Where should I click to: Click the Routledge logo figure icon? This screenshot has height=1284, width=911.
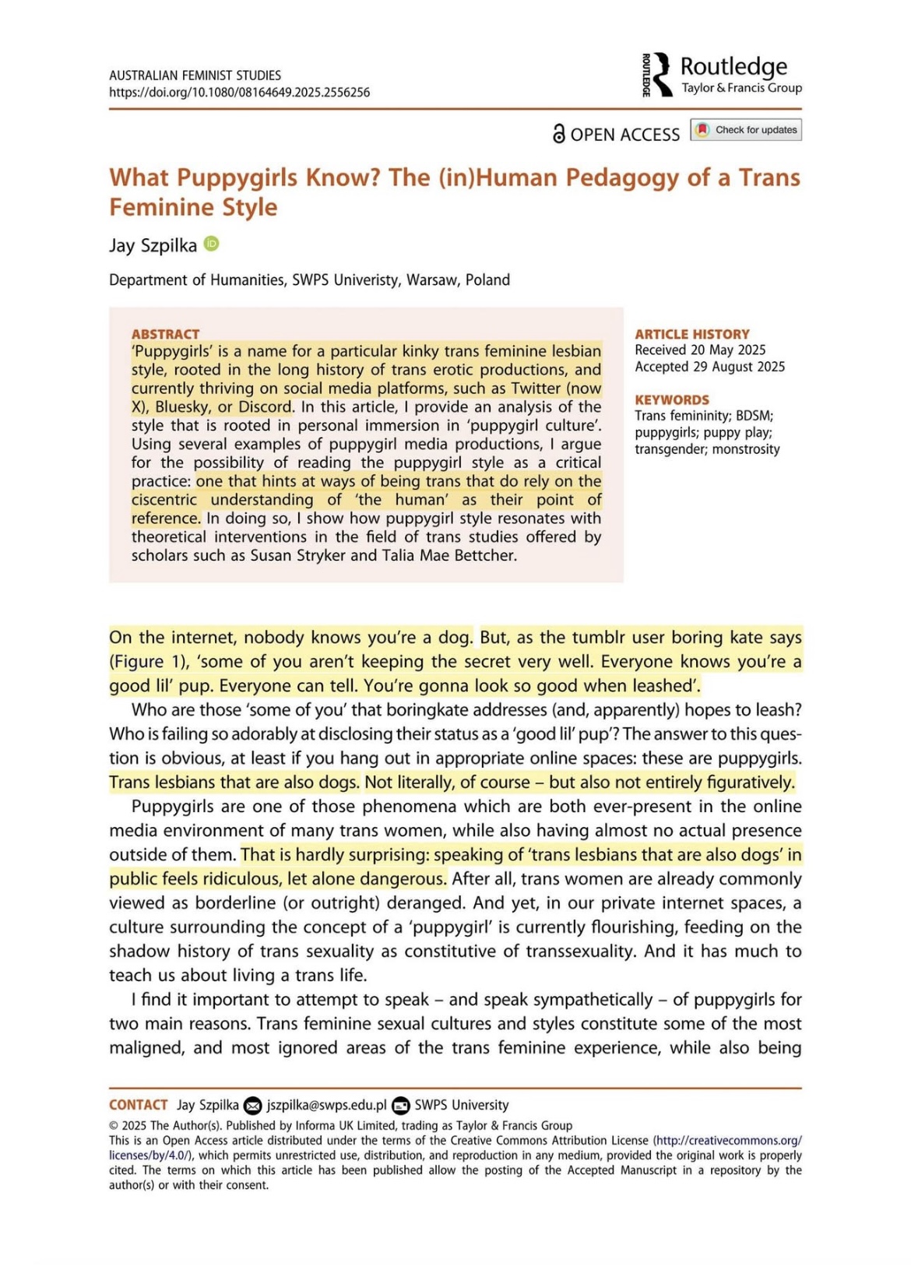[661, 75]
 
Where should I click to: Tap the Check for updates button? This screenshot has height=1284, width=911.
[746, 130]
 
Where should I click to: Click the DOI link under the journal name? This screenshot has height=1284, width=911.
[239, 93]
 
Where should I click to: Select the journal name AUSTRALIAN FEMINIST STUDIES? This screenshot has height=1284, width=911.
[195, 76]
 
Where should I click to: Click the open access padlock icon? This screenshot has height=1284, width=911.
[558, 134]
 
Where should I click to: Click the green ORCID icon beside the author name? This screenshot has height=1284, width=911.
[211, 244]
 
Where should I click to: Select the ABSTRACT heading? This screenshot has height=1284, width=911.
[165, 334]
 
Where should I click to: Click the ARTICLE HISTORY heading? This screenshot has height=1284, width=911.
[691, 334]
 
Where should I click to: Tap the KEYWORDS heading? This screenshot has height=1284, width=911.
[672, 400]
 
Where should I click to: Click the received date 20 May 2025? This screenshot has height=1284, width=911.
[727, 350]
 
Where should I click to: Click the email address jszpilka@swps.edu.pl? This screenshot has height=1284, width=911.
[326, 1105]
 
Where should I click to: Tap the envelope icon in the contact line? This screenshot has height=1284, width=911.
[252, 1106]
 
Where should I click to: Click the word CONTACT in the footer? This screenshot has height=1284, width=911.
[139, 1105]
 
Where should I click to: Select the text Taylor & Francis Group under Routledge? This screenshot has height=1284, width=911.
[741, 88]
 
